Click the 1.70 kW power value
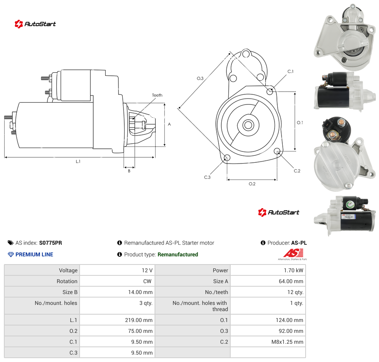[x=293, y=270]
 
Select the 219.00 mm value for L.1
[x=139, y=320]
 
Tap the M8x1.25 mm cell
[x=287, y=342]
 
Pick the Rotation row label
[x=67, y=281]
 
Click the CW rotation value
[x=147, y=281]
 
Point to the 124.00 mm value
[x=289, y=320]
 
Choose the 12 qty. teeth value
[x=295, y=292]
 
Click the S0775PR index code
[x=50, y=243]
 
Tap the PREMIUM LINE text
[x=34, y=254]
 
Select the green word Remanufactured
[x=178, y=254]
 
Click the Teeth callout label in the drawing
[x=157, y=95]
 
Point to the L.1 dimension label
[x=78, y=162]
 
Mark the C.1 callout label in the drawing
[x=290, y=71]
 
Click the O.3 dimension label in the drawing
[x=200, y=78]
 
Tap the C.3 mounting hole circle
[x=227, y=158]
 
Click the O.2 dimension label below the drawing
[x=252, y=184]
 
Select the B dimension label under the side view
[x=129, y=171]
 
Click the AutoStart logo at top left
[x=35, y=24]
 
